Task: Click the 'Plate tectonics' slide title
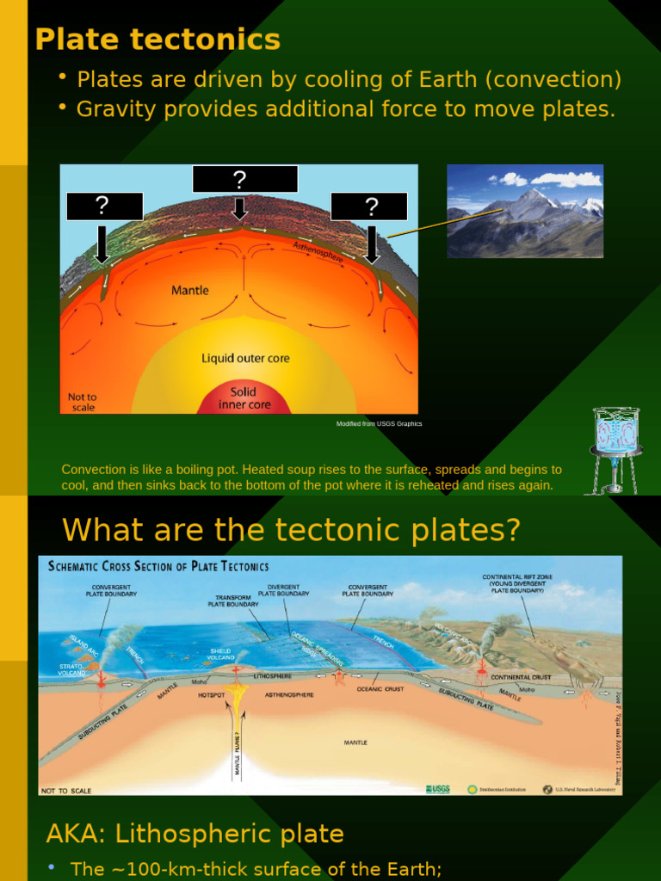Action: pos(158,39)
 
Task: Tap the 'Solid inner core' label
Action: pos(244,398)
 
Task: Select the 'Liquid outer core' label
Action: pos(245,358)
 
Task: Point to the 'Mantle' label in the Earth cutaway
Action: pos(189,291)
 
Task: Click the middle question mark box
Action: pos(244,179)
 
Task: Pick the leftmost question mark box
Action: pos(104,206)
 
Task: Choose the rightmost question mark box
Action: pos(369,206)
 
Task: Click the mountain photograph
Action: pos(525,211)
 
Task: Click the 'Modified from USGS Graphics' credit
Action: pos(379,424)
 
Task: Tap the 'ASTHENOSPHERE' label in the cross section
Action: pos(289,694)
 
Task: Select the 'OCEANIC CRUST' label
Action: pos(380,689)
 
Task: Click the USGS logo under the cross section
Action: pos(437,789)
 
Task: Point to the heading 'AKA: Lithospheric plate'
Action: pos(195,834)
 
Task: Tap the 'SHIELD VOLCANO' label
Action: pos(221,654)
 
